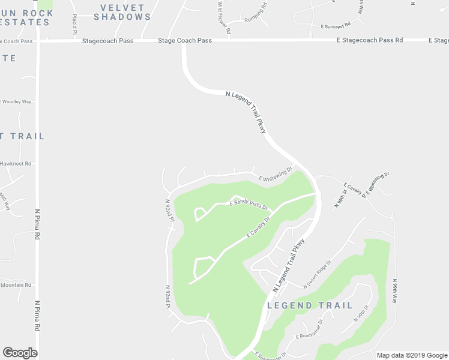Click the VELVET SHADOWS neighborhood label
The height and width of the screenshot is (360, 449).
(x=122, y=12)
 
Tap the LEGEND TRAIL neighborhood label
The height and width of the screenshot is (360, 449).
(x=310, y=305)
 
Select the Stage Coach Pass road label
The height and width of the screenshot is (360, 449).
(x=185, y=41)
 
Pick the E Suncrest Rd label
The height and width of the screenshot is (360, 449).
(x=336, y=26)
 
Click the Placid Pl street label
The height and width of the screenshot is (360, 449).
(x=75, y=23)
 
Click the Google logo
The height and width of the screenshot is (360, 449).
(x=20, y=352)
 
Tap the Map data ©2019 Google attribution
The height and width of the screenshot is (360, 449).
(x=412, y=355)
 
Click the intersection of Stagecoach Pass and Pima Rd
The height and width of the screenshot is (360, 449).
(x=37, y=41)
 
